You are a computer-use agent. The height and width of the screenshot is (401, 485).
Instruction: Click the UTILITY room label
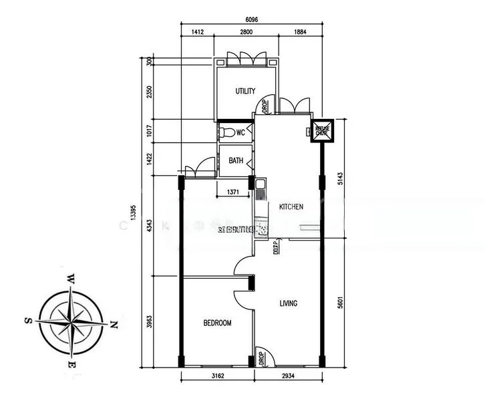coord(245,91)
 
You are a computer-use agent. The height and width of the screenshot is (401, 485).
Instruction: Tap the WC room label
coord(240,132)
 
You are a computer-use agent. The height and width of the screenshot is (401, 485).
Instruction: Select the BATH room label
coord(236,160)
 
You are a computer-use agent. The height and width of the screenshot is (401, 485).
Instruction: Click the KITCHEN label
coord(291,207)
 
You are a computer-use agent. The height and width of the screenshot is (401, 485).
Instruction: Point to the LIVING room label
coord(289,303)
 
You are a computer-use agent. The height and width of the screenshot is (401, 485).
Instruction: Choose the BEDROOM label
coord(217,323)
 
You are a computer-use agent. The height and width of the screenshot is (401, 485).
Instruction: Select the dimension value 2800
coord(245,31)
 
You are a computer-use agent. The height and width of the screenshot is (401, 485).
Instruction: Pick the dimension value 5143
coord(341,178)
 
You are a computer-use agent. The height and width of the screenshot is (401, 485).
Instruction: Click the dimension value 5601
coord(341,303)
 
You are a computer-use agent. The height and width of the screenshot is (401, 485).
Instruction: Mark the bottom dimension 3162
coord(218,386)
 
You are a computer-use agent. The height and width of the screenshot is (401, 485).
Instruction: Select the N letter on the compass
coord(114,325)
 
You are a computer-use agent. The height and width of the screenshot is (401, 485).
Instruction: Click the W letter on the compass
coord(69,278)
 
